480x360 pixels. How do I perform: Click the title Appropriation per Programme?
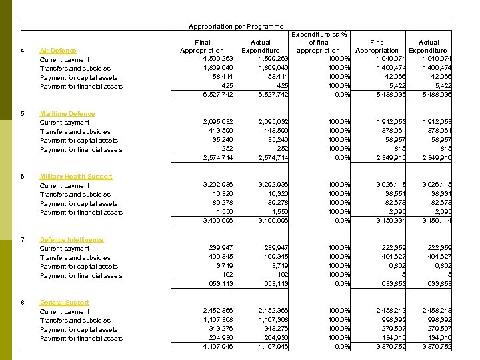pyautogui.click(x=236, y=27)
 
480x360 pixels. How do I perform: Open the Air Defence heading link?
pyautogui.click(x=58, y=51)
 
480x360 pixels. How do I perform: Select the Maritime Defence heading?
pyautogui.click(x=67, y=114)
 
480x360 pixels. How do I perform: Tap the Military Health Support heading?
pyautogui.click(x=76, y=177)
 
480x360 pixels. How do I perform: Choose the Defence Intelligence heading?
pyautogui.click(x=72, y=240)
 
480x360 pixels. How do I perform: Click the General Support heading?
pyautogui.click(x=64, y=303)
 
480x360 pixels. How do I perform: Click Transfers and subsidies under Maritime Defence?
pyautogui.click(x=75, y=132)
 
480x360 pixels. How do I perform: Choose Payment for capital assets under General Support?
pyautogui.click(x=79, y=329)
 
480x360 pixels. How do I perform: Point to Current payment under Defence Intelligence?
pyautogui.click(x=65, y=249)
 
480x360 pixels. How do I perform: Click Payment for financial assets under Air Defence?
pyautogui.click(x=81, y=87)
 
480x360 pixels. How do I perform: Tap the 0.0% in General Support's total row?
pyautogui.click(x=341, y=347)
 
